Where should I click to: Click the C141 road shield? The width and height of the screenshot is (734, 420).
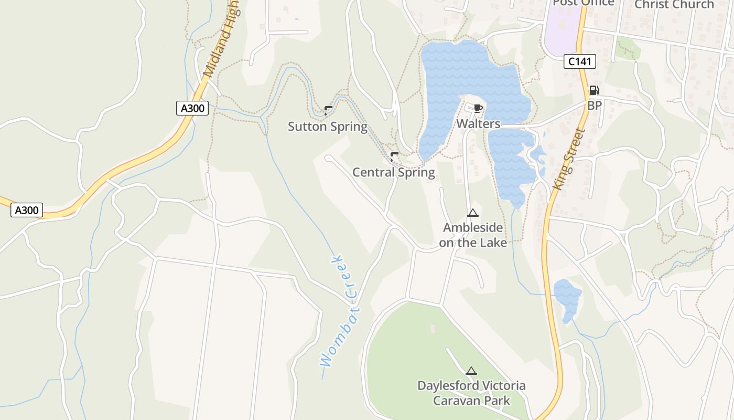pos(580,61)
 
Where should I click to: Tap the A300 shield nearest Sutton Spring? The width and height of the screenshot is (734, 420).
pos(192,109)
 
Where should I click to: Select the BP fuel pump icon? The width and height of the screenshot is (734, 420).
pos(594,90)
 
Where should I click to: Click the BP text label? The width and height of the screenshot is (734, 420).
pos(594,106)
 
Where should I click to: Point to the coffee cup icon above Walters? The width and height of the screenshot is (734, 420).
pos(478,109)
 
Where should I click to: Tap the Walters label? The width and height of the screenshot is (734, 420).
pos(478,124)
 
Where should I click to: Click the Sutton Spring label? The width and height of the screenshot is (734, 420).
pos(328,127)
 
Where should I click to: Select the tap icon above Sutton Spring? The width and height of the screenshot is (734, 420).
pos(328,110)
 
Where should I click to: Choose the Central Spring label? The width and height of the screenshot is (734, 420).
pos(393,172)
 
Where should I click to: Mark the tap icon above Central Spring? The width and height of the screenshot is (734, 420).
pos(394,156)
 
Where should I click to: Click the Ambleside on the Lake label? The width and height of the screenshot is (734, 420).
pos(473,235)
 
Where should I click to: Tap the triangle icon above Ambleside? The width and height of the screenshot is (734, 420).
pos(473,213)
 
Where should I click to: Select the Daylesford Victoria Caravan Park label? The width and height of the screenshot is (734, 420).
pos(471,393)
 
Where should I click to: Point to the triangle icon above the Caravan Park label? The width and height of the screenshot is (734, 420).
pos(471,371)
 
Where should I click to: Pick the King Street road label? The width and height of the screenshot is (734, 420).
pos(568,159)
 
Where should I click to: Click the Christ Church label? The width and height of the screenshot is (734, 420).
pos(674,5)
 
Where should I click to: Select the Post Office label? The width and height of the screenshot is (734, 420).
pos(583,3)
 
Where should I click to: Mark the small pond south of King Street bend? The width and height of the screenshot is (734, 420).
pos(567,299)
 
